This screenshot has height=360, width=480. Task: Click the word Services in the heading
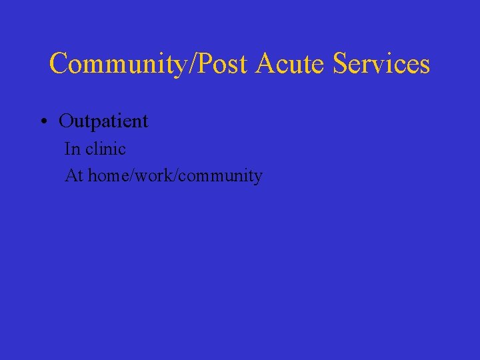point(381,64)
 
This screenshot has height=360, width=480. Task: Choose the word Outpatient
point(103,121)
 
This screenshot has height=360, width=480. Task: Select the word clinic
point(105,149)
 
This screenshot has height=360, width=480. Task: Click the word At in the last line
point(73,176)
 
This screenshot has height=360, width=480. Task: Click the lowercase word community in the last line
point(221,177)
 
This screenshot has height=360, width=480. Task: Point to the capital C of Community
point(59,64)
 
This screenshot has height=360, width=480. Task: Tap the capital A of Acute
point(266,64)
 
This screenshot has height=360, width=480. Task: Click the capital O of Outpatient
point(66,121)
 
